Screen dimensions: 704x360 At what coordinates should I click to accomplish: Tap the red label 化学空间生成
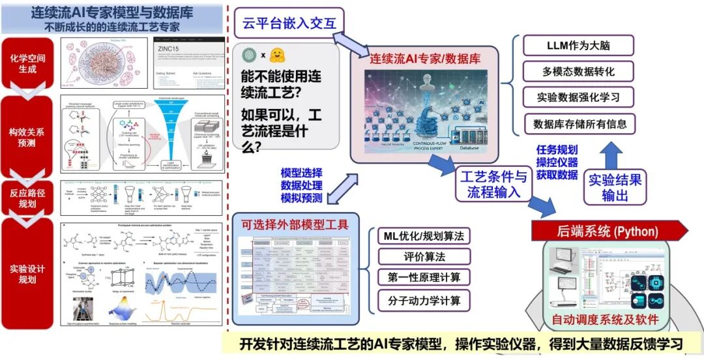coord(28,63)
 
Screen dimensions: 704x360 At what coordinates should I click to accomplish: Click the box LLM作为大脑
coord(579,46)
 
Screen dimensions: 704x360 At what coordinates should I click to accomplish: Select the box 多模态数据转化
coord(579,72)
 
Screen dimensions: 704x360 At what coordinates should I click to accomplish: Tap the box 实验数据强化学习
coord(579,98)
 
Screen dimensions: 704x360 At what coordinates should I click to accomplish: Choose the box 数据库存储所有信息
coord(579,124)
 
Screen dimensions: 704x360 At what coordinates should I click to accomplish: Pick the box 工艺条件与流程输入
coord(493,183)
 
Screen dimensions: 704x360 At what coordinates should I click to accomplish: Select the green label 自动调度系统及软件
coord(605,320)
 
